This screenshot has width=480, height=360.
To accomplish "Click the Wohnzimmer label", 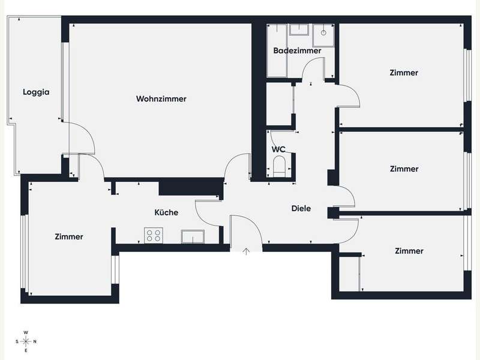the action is tap(161, 99).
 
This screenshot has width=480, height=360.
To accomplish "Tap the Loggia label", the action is tap(36, 92).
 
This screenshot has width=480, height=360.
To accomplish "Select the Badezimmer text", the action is tap(297, 50).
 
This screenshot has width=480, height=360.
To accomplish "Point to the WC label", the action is tap(278, 149).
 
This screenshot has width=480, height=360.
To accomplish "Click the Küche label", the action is tap(166, 212).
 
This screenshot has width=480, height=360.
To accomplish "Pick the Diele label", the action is tap(301, 208).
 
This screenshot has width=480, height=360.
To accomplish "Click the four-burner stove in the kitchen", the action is tap(154, 235).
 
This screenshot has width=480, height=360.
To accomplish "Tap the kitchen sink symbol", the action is tap(193, 236).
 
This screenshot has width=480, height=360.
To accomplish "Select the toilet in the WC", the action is tap(278, 166).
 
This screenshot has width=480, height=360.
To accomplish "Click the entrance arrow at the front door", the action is tap(246, 251).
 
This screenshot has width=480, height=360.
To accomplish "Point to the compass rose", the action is tap(26, 341).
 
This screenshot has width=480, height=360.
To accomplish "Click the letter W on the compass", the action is tap(26, 332).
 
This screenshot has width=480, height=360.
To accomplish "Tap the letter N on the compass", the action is tap(35, 341).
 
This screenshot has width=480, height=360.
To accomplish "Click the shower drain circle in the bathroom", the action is tap(323, 32).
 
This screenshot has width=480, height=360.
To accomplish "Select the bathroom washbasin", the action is tap(299, 29).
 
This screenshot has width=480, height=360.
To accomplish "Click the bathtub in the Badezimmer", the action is tap(277, 50).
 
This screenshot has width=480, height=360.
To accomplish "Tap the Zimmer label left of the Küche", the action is tap(69, 236).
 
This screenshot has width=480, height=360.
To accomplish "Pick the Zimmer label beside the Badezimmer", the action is tap(404, 73).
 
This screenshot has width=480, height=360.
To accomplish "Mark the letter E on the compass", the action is tap(26, 350).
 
